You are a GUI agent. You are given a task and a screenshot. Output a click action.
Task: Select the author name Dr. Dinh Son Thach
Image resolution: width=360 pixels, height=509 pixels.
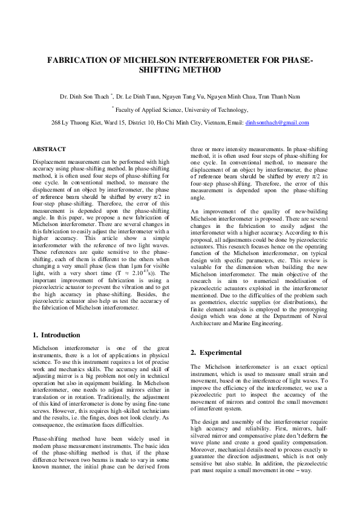click(x=83, y=96)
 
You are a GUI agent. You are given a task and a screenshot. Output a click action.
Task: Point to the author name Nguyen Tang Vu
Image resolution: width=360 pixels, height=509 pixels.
click(x=178, y=96)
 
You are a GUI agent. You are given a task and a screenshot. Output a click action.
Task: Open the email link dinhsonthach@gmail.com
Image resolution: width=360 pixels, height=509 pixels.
click(x=277, y=123)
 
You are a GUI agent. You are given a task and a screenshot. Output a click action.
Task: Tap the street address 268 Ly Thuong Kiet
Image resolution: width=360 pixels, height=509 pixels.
click(x=76, y=123)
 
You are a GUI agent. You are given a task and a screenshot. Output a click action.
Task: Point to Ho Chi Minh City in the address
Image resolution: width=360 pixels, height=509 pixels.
click(x=171, y=123)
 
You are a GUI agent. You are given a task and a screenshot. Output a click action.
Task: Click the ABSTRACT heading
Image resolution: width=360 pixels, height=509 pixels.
click(x=49, y=149)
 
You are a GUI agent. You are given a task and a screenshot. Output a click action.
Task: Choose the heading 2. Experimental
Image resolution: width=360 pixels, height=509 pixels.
click(x=217, y=352)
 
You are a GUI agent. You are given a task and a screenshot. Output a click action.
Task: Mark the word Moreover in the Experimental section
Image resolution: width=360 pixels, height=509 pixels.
click(x=203, y=450)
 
